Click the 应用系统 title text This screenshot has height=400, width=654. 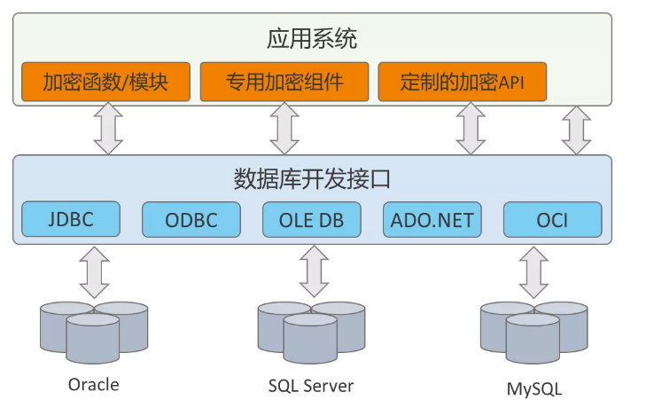coord(312,39)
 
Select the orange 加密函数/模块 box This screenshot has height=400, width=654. coord(105,82)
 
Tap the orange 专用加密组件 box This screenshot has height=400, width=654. coord(284,82)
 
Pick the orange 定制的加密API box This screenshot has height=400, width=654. coord(462,82)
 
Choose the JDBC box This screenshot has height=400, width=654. coord(71,219)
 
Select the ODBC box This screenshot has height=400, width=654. coord(191,219)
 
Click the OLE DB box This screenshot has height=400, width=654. coord(312,219)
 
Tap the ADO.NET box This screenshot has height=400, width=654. coord(432,219)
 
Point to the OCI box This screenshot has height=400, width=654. coord(552,219)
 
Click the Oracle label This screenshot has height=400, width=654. coord(93,385)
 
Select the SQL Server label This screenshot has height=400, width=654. coord(311,386)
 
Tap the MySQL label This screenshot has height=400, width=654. coord(533,388)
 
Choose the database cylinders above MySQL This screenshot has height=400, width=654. coord(533,333)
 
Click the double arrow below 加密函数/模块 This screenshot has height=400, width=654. coord(107,129)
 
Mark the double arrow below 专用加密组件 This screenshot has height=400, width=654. coord(284,129)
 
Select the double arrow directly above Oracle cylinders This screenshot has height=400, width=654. coord(94,271)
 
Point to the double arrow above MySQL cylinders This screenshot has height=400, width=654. coord(533,271)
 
